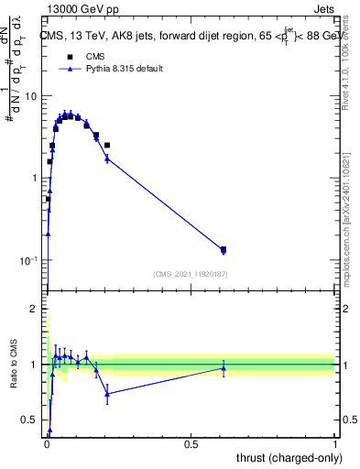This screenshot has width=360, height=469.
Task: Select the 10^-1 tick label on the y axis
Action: coord(29,260)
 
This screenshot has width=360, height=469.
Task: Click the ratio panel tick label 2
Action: coord(36,309)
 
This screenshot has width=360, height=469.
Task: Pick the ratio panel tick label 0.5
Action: coord(30,420)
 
